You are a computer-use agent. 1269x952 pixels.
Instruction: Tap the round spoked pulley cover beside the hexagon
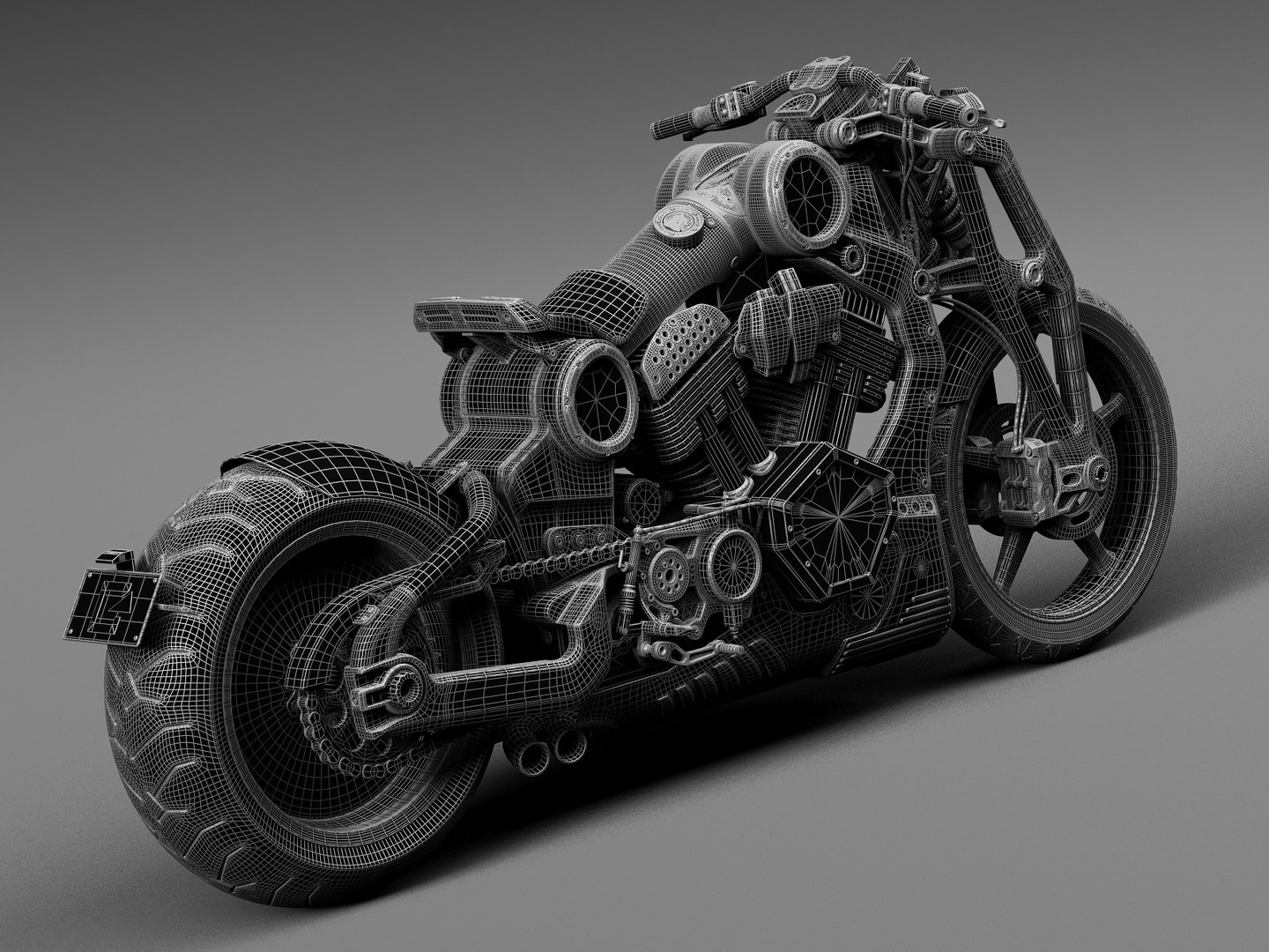click(731, 564)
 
